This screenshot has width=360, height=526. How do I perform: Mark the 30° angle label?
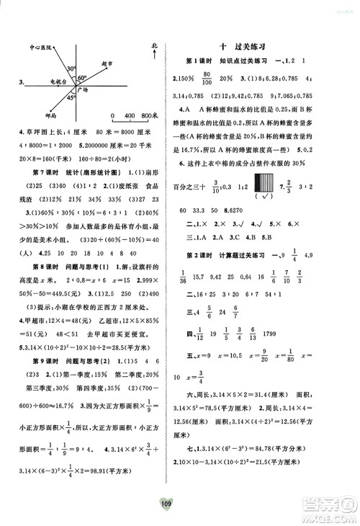click(x=72, y=69)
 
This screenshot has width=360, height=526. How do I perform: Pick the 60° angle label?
click(x=82, y=77)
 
